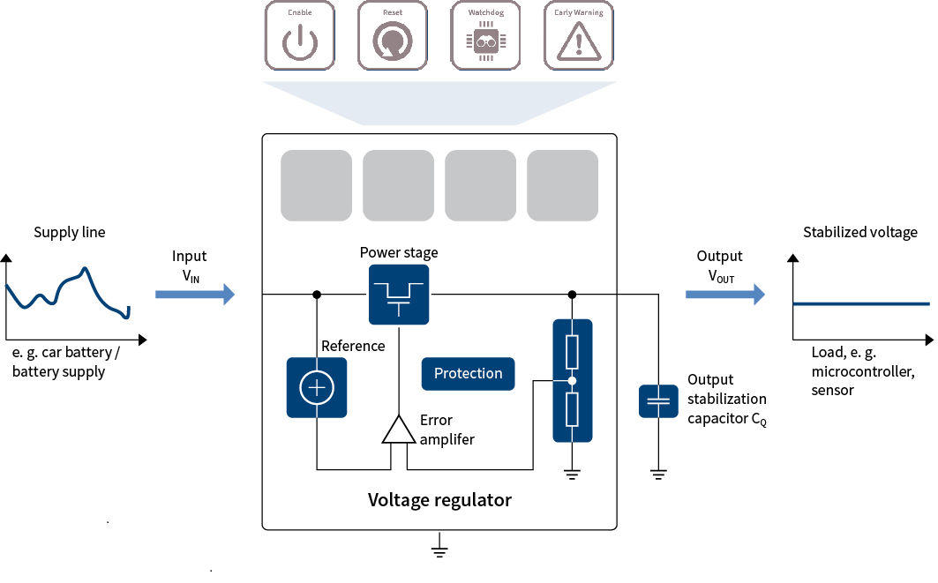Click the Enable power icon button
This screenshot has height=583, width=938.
pos(300,36)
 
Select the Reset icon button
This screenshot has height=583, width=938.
pos(393,36)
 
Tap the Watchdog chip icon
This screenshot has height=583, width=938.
pos(485,36)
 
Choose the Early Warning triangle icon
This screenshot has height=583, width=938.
pos(578,36)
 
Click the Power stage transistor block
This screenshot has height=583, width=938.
pos(399,294)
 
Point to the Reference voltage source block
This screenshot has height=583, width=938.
pos(317,387)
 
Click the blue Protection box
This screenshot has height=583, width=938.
pos(468,373)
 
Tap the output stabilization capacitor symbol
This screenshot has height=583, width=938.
pos(657,401)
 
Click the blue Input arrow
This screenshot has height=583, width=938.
pos(195,294)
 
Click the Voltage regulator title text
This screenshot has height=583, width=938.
pos(439,500)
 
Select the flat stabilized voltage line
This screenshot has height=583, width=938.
pos(860,303)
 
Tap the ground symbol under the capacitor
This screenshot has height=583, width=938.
pos(657,475)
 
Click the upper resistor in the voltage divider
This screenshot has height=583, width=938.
pos(572,351)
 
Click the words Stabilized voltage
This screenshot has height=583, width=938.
pos(859,233)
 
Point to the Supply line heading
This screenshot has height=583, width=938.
pos(70,233)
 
